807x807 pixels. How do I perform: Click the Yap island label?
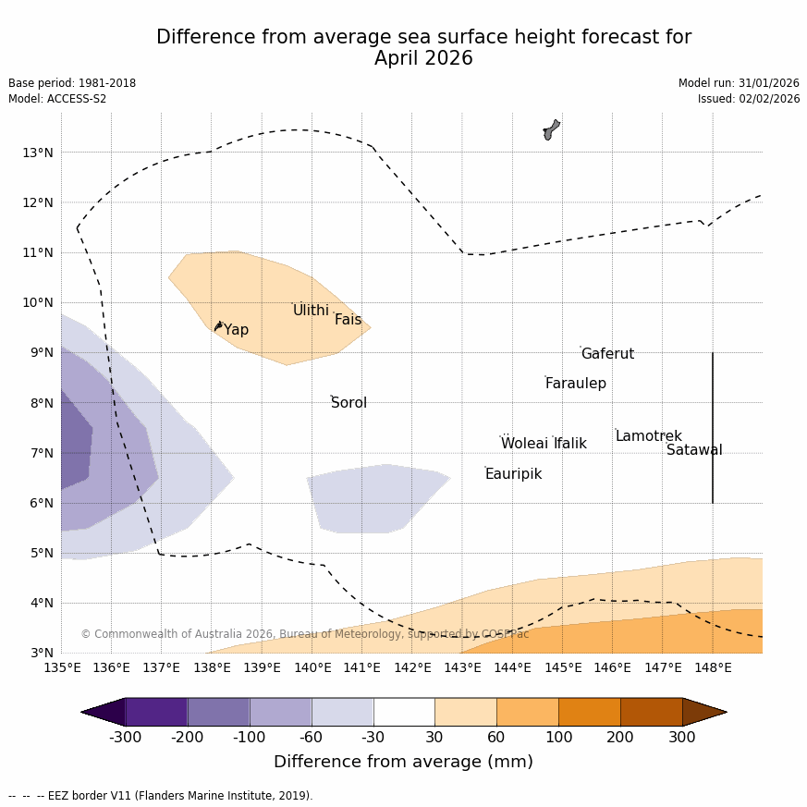pyautogui.click(x=236, y=330)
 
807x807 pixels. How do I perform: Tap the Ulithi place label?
pyautogui.click(x=311, y=311)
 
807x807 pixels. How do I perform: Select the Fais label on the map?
pyautogui.click(x=348, y=320)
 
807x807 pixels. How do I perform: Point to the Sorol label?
pyautogui.click(x=348, y=403)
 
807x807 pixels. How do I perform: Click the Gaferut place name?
pyautogui.click(x=607, y=354)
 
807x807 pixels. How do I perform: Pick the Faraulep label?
pyautogui.click(x=575, y=384)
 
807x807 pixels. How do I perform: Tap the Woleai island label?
pyautogui.click(x=524, y=444)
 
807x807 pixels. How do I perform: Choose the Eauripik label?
pyautogui.click(x=513, y=474)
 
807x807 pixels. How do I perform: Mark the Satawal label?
pyautogui.click(x=694, y=450)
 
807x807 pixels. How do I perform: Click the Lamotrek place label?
pyautogui.click(x=648, y=436)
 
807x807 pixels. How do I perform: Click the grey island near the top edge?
pyautogui.click(x=551, y=129)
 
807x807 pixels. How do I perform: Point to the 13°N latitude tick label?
pyautogui.click(x=37, y=153)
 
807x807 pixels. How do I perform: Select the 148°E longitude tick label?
pyautogui.click(x=713, y=667)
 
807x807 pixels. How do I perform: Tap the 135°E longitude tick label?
pyautogui.click(x=62, y=667)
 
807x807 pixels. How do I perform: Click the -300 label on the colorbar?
pyautogui.click(x=126, y=738)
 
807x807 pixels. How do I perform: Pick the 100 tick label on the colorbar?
pyautogui.click(x=558, y=738)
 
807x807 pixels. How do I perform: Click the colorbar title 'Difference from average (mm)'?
pyautogui.click(x=403, y=763)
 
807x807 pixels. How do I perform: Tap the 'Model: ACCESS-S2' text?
pyautogui.click(x=57, y=99)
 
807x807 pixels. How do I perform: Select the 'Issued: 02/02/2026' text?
pyautogui.click(x=748, y=99)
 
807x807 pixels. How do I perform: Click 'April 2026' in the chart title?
pyautogui.click(x=423, y=59)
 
